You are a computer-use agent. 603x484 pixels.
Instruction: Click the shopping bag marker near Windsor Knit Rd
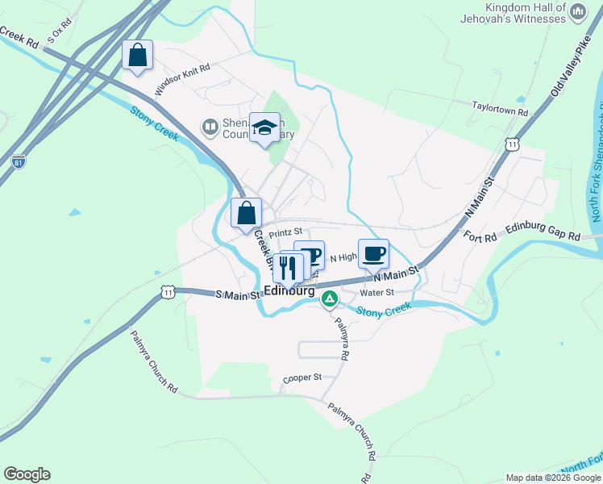[x=138, y=56]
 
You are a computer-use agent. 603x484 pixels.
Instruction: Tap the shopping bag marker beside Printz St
[x=247, y=214]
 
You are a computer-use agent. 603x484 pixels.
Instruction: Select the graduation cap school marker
[x=264, y=127]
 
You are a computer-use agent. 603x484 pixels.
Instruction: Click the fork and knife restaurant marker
[x=288, y=267]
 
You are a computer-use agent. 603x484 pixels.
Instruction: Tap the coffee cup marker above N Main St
[x=373, y=254]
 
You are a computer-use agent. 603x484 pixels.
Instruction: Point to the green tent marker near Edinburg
[x=329, y=300]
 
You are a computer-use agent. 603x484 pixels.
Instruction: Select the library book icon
[x=210, y=127]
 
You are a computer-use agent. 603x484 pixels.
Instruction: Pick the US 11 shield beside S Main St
[x=167, y=292]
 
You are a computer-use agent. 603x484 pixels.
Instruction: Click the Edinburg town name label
[x=289, y=291]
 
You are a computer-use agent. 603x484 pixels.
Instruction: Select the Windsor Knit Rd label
[x=182, y=79]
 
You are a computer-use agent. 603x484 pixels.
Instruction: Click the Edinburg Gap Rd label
[x=543, y=233]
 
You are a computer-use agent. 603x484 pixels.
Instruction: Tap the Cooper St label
[x=302, y=378]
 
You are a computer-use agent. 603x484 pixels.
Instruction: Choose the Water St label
[x=376, y=293]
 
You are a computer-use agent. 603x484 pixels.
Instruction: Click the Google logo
[x=27, y=474]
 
